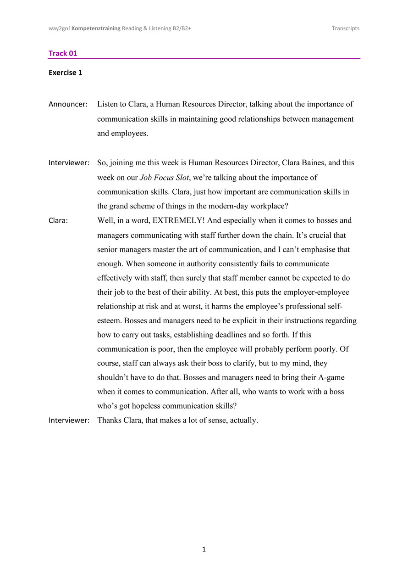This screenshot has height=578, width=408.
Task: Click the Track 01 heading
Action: [x=63, y=53]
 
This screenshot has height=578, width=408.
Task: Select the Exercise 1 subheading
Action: [x=66, y=73]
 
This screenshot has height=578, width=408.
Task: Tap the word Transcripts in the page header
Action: [x=346, y=28]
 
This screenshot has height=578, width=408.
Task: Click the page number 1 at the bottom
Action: [x=204, y=549]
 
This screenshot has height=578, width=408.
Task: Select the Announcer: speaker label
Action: [x=68, y=104]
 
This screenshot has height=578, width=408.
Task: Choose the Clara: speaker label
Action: [x=58, y=220]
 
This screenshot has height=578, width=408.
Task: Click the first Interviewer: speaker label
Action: [x=69, y=163]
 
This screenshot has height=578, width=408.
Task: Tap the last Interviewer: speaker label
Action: [x=69, y=420]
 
